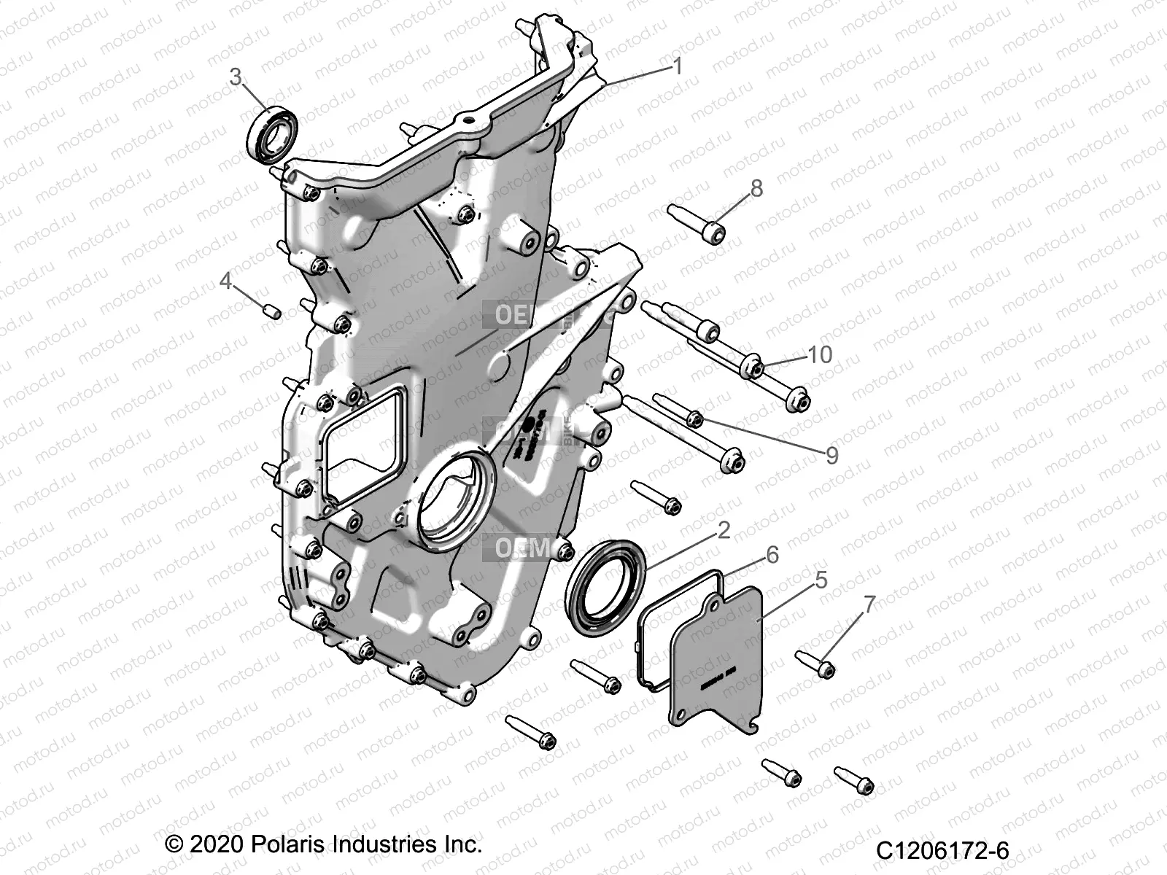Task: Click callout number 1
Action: [678, 67]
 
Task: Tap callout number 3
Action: [236, 77]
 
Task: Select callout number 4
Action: [226, 281]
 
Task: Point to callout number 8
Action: [756, 188]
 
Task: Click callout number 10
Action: [820, 354]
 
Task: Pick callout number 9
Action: [831, 456]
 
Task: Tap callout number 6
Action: [772, 556]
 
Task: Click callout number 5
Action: [821, 580]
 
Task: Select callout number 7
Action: [869, 604]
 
